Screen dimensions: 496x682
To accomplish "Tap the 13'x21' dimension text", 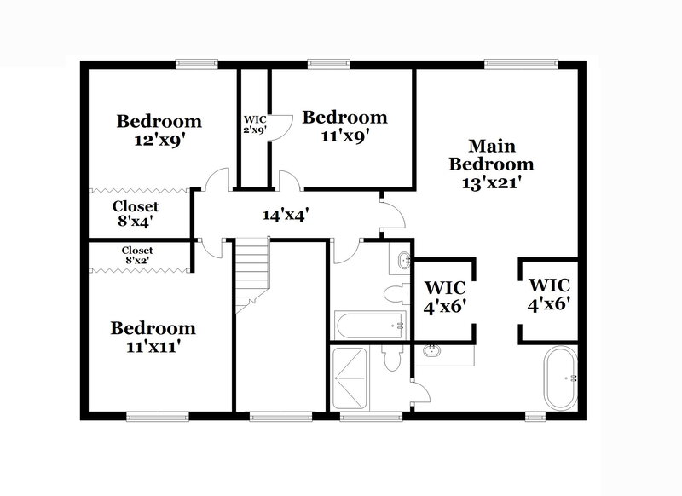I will click(x=492, y=181).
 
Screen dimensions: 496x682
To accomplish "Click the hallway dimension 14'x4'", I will click(x=284, y=216).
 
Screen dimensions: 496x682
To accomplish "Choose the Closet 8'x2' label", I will click(x=139, y=255).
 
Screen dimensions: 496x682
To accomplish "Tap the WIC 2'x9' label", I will click(x=255, y=124).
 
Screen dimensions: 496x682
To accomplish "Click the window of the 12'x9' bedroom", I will click(x=196, y=62).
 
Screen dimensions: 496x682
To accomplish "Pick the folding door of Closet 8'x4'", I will click(x=139, y=190).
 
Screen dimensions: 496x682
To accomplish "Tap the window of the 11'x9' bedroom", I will click(x=321, y=62).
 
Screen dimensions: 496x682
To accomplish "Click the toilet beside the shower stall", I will click(x=391, y=358).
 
